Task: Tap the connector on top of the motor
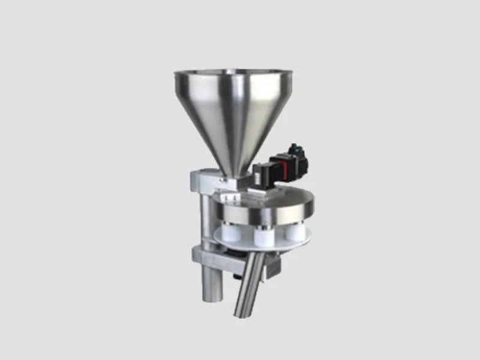(295, 147)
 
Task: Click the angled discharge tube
(249, 282)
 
